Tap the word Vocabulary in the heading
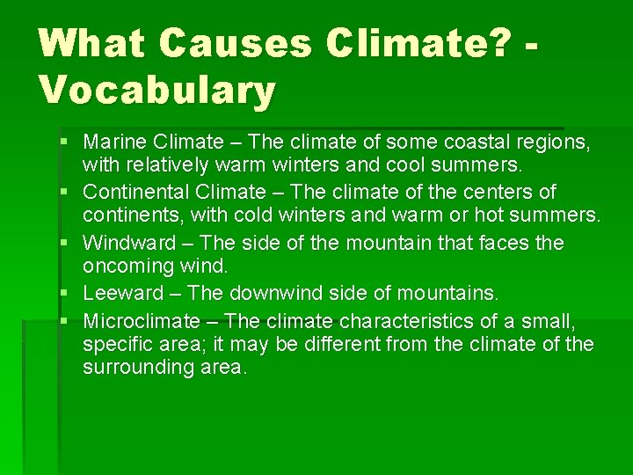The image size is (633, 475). tap(157, 90)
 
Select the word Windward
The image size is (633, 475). tap(127, 243)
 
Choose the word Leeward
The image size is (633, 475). tap(124, 293)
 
